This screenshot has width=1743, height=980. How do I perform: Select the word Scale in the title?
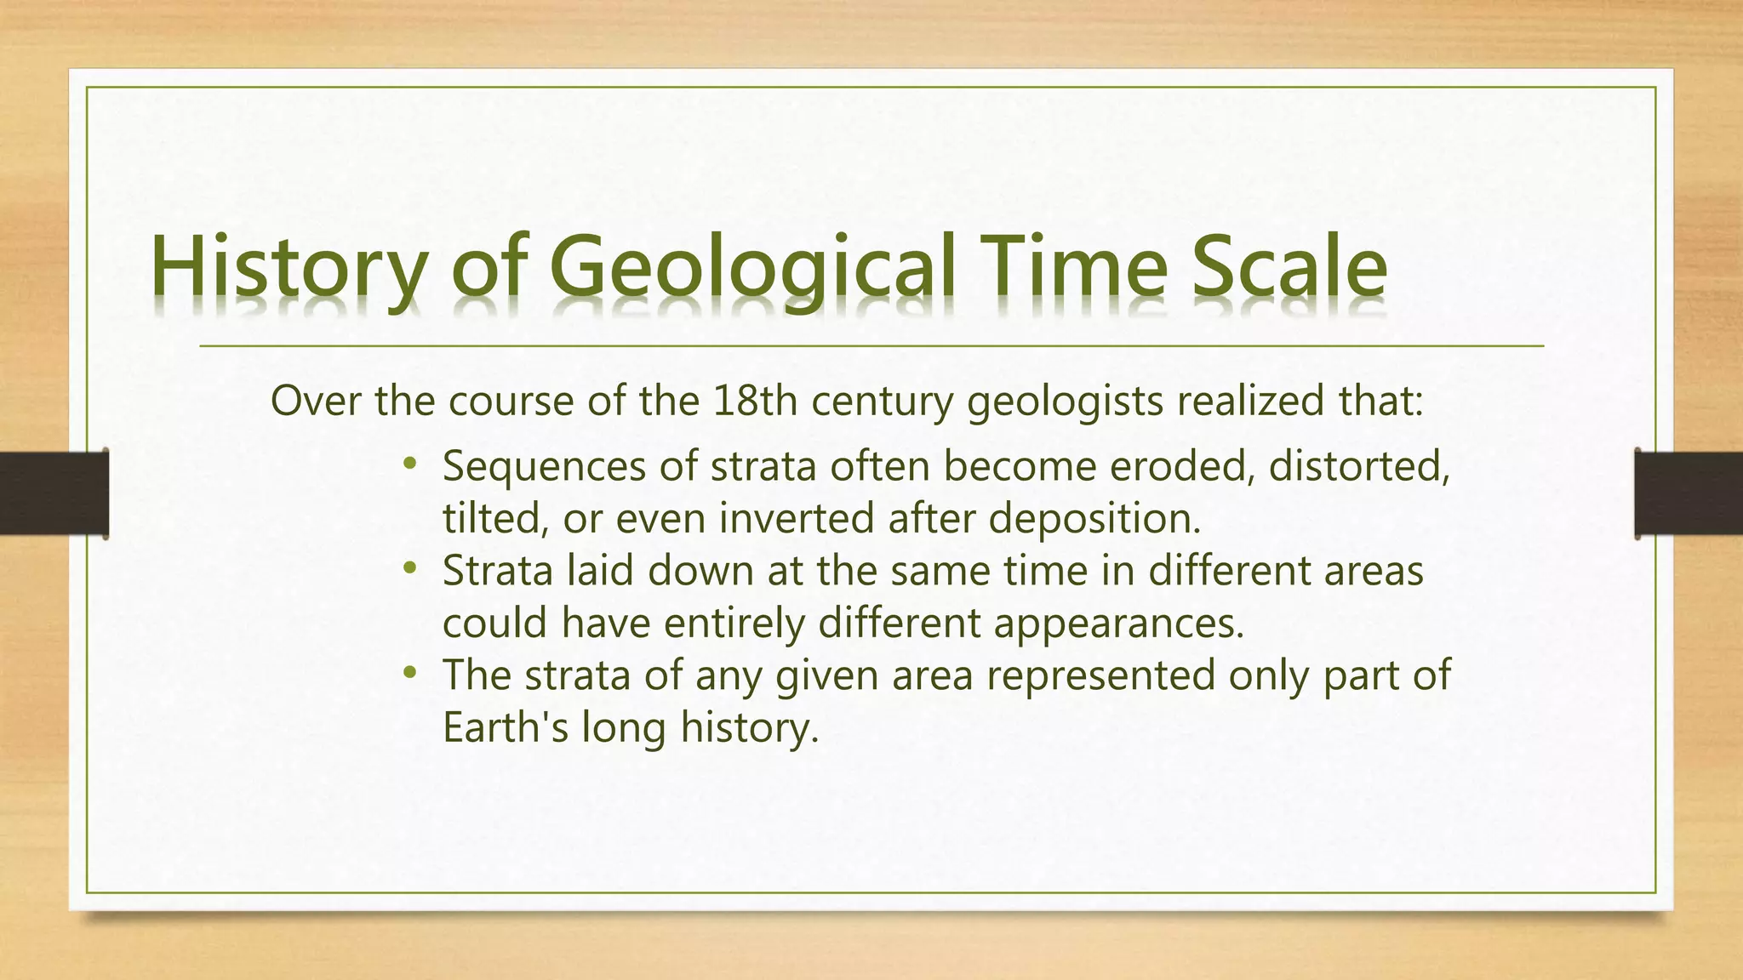click(1289, 268)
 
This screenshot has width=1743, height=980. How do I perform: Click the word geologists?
click(1065, 402)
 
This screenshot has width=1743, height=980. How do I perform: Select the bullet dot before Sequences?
click(410, 464)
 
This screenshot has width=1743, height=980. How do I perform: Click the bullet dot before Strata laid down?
click(410, 567)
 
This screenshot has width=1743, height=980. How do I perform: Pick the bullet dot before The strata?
click(410, 672)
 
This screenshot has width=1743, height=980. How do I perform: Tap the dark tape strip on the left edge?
click(54, 493)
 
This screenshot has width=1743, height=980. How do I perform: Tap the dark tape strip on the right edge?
click(1689, 493)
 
